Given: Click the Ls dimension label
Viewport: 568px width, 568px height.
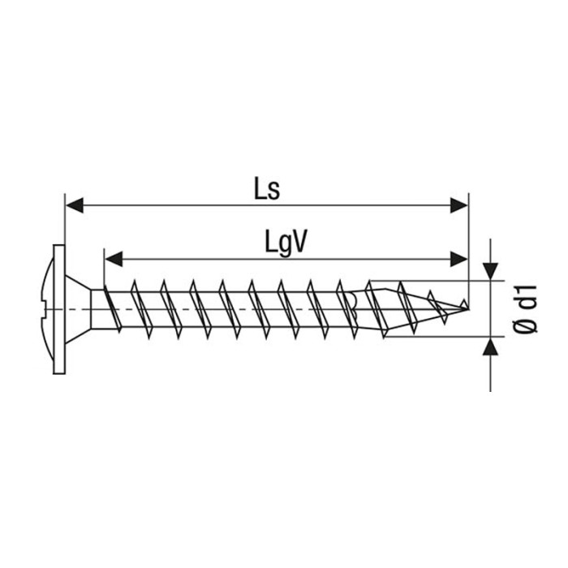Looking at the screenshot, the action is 267,189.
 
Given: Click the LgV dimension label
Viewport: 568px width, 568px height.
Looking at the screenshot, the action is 286,243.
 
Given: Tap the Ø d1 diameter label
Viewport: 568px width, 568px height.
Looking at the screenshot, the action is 525,308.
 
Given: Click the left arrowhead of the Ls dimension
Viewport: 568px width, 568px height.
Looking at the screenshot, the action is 75,205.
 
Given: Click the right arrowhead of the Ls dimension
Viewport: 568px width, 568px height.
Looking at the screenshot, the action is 458,205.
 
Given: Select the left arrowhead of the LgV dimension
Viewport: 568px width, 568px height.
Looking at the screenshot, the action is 114,260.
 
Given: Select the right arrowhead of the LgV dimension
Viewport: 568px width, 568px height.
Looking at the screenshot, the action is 458,260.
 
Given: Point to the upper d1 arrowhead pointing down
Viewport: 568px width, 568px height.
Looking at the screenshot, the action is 490,272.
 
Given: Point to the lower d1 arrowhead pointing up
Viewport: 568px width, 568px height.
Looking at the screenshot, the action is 490,346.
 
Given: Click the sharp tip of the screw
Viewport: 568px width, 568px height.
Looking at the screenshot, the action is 468,309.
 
